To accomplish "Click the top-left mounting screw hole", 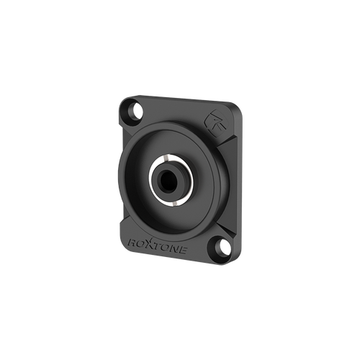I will pos(134,111).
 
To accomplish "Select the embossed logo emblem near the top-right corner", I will pos(216,120).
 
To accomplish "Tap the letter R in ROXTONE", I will pos(133,238).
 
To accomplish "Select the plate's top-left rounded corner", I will pos(123,101).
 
